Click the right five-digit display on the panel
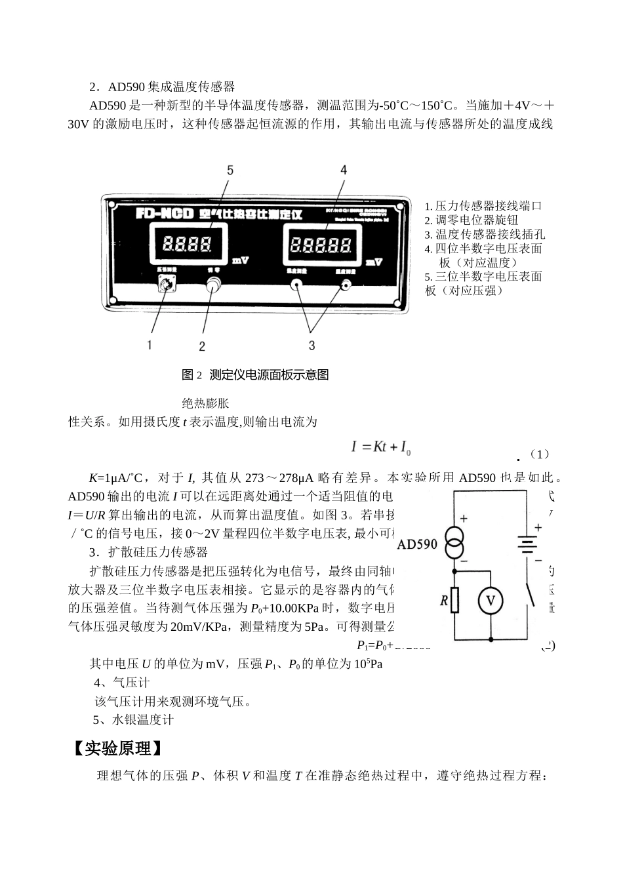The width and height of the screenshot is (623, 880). (320, 246)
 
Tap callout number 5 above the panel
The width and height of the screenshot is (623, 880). (230, 170)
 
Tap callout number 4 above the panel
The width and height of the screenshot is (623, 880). (344, 170)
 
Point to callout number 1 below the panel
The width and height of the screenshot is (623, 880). (150, 344)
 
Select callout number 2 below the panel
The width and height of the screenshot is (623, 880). (202, 346)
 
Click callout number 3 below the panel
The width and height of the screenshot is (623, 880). (312, 345)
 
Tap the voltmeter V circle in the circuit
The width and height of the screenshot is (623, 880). (490, 601)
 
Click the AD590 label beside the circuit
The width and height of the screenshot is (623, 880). (417, 544)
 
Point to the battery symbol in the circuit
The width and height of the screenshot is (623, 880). (527, 544)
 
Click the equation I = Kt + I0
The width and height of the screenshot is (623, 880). (381, 448)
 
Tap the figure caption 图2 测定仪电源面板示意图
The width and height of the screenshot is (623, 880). (255, 375)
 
